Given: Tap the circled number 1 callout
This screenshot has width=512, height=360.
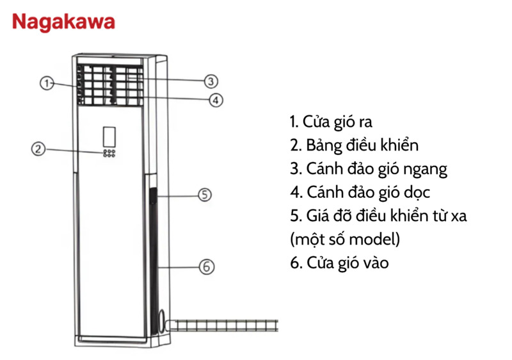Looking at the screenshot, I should tap(46, 83).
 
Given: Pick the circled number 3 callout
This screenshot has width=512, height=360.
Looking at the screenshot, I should tap(211, 81).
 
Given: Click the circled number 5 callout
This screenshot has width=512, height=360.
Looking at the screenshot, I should tap(204, 195).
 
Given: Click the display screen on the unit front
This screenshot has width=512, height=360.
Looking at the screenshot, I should tap(108, 135).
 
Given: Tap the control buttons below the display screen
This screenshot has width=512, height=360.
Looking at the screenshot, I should tap(108, 154).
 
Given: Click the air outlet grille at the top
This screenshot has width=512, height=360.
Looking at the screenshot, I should tap(109, 85).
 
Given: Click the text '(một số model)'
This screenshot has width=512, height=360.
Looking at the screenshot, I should tap(344, 240).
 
